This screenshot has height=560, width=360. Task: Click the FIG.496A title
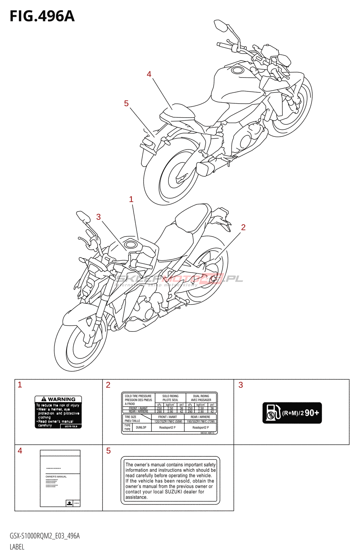point(42,16)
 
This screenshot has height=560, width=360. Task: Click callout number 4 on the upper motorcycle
point(149,74)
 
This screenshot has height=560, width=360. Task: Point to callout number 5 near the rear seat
point(126,104)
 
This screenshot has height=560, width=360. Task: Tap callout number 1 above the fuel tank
point(131,199)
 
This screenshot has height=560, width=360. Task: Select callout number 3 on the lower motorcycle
point(98,217)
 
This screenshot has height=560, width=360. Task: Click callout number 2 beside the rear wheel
point(243,227)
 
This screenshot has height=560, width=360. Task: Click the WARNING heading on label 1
point(61,399)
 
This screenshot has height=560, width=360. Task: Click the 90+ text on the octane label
point(312,413)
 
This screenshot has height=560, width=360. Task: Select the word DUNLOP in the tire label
point(141,428)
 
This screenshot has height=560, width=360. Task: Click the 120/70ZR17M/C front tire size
point(168,422)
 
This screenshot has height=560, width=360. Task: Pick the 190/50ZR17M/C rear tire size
point(201,422)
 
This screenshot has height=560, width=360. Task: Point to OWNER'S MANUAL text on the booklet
point(56,477)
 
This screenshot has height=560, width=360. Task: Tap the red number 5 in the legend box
point(109,451)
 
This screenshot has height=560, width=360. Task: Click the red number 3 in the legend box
point(241,385)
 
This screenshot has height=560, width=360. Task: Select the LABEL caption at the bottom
point(17,547)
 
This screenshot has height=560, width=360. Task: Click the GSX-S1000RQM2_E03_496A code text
point(45,536)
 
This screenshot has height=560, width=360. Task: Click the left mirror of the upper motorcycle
point(221,25)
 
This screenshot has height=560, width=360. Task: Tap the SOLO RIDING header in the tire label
point(170,396)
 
